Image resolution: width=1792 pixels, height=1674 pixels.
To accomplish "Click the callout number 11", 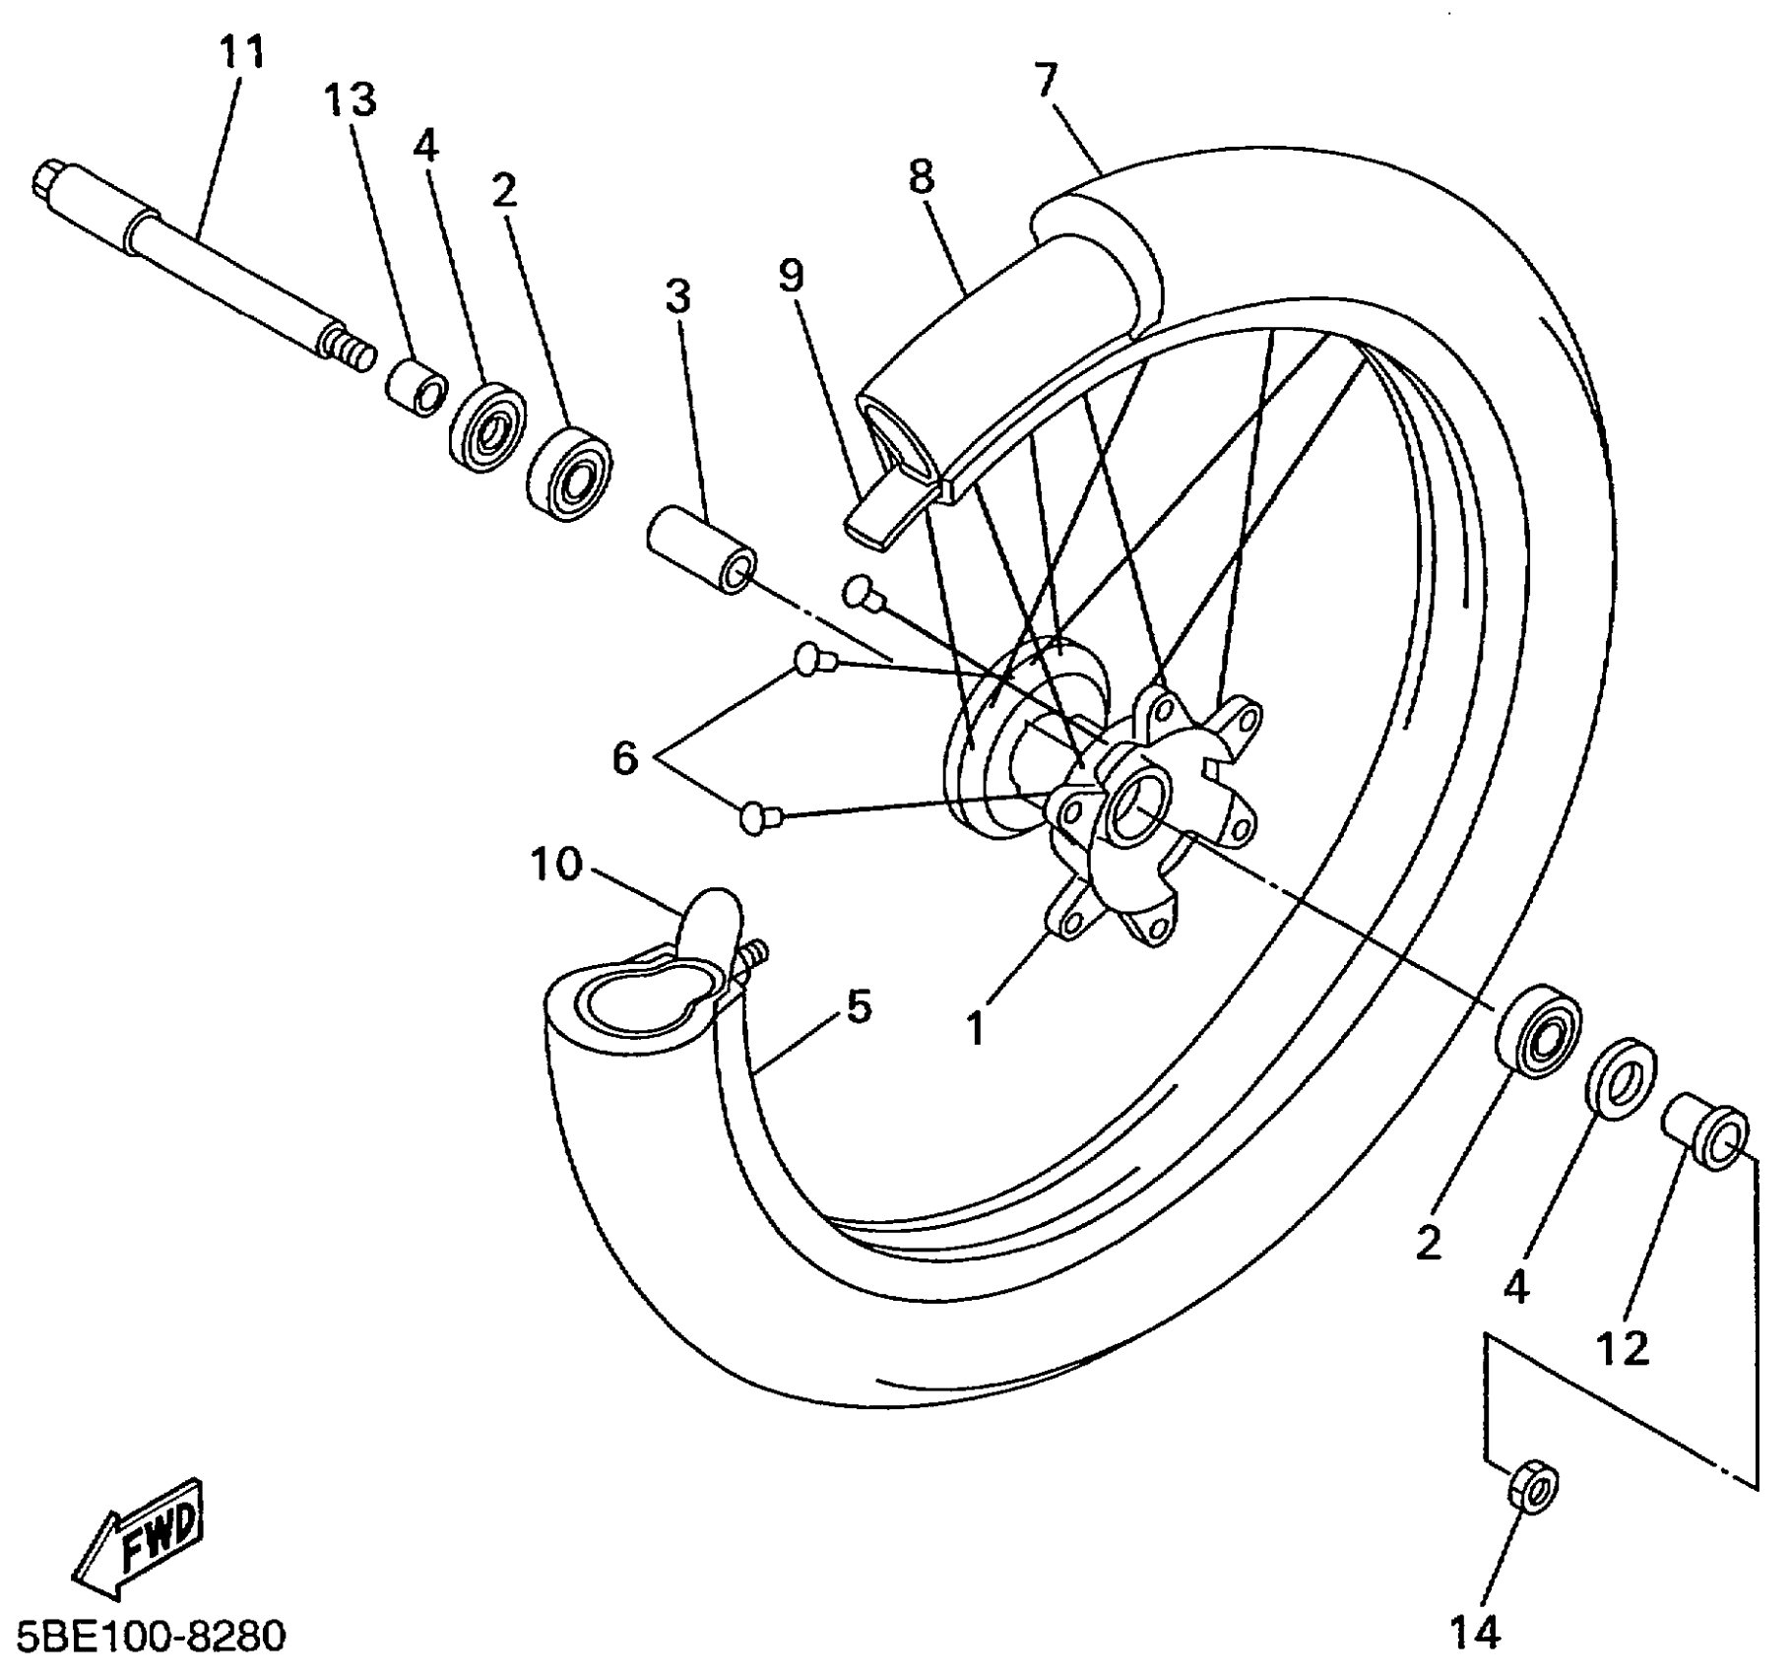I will click(242, 53).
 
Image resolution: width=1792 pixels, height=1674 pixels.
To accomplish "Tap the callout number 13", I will click(352, 100).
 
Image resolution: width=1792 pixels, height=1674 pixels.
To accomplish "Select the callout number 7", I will click(1046, 81).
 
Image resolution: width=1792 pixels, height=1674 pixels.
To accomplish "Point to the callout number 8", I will click(922, 178).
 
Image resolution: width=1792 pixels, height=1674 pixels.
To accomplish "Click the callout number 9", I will click(792, 277).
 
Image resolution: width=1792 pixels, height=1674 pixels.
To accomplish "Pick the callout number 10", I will click(556, 866).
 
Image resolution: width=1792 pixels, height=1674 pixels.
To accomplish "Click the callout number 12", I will click(1622, 1349).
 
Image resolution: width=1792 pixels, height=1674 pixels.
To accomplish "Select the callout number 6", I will click(625, 759).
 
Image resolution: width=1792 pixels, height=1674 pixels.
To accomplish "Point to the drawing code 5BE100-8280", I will click(145, 1637).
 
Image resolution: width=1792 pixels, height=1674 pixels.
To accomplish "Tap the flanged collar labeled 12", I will click(1707, 1136).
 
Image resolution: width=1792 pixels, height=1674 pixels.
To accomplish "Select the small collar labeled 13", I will click(414, 387).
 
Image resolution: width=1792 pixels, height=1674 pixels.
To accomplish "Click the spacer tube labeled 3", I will click(701, 547).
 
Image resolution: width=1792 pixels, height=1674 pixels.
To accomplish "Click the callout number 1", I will click(975, 1029).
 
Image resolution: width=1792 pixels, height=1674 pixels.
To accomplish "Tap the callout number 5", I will click(859, 1007).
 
